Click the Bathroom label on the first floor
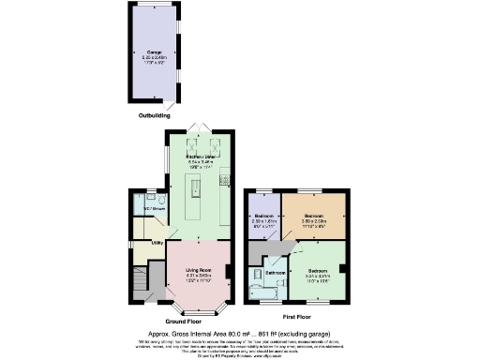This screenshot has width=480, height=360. click(x=277, y=273)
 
